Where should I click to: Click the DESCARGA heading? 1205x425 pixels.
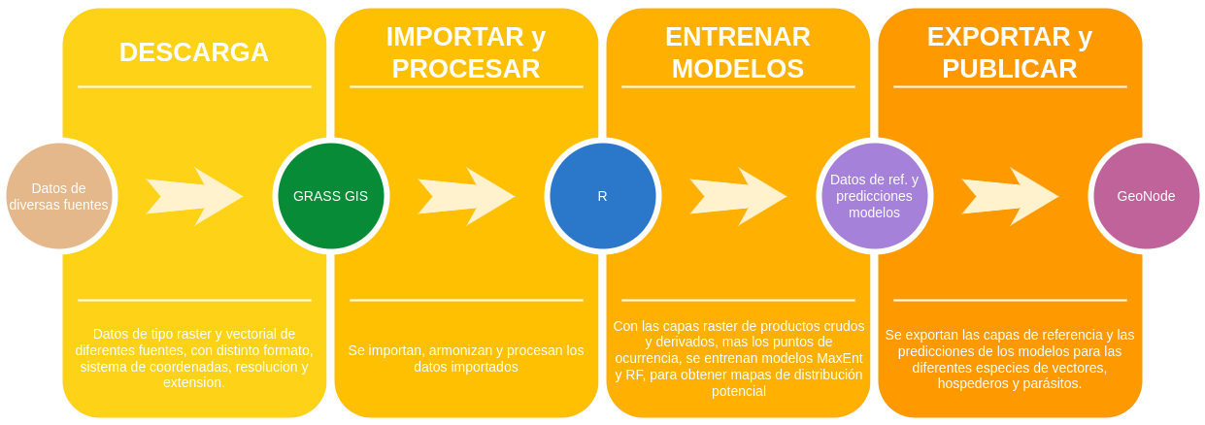click(194, 52)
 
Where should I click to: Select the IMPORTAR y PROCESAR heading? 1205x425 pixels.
click(466, 52)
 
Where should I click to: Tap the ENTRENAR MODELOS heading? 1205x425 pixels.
click(738, 52)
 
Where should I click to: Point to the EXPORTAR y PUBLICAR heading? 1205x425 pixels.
click(1010, 52)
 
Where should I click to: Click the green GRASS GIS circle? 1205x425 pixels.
click(330, 195)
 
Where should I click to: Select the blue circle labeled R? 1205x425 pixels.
click(602, 195)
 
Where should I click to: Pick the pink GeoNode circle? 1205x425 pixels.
click(1146, 195)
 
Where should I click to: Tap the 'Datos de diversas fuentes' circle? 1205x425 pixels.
click(58, 195)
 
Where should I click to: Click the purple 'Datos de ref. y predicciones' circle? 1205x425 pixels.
click(874, 195)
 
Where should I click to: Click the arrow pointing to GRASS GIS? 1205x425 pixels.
click(194, 196)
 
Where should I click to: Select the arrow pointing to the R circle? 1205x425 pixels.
click(466, 196)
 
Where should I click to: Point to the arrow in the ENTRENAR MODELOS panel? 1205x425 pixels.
click(738, 196)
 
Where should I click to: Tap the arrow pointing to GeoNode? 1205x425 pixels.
click(1010, 196)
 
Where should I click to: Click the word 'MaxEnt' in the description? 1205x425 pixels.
click(839, 358)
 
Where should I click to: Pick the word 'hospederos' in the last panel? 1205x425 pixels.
click(974, 383)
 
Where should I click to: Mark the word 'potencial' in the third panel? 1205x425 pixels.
click(739, 391)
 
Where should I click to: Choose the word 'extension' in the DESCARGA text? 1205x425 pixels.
click(194, 382)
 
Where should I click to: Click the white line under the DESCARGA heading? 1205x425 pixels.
click(194, 87)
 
